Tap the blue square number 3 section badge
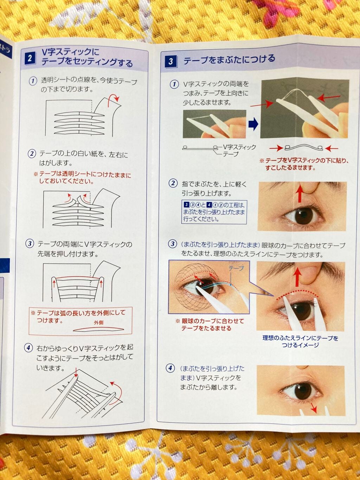pos(171,62)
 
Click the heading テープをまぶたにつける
pos(229,59)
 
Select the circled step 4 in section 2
pos(28,348)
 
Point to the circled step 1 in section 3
pos(174,84)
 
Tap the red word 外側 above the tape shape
pos(99,322)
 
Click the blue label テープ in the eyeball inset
pos(236,268)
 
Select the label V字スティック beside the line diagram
pos(239,147)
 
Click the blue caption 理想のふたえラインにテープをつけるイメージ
pos(300,341)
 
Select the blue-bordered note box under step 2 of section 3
pos(214,212)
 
